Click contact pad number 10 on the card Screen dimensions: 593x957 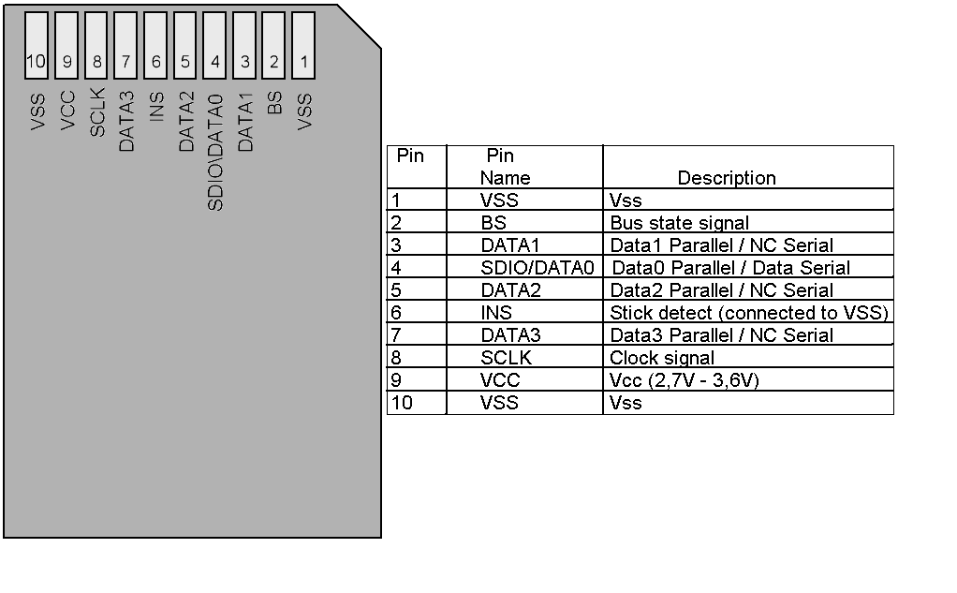pyautogui.click(x=37, y=46)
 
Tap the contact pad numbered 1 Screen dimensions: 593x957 pyautogui.click(x=304, y=46)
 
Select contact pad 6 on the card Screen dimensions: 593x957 pyautogui.click(x=155, y=46)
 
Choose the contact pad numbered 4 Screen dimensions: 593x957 pyautogui.click(x=215, y=46)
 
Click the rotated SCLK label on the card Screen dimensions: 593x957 pyautogui.click(x=97, y=112)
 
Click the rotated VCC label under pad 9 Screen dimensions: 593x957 pyautogui.click(x=67, y=111)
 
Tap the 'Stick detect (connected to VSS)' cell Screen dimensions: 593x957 pyautogui.click(x=748, y=313)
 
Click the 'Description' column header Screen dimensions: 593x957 pyautogui.click(x=727, y=178)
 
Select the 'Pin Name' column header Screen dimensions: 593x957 pyautogui.click(x=505, y=167)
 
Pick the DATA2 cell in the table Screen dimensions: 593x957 pyautogui.click(x=510, y=290)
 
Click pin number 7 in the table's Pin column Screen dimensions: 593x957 pyautogui.click(x=395, y=335)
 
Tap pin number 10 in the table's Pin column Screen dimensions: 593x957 pyautogui.click(x=400, y=403)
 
